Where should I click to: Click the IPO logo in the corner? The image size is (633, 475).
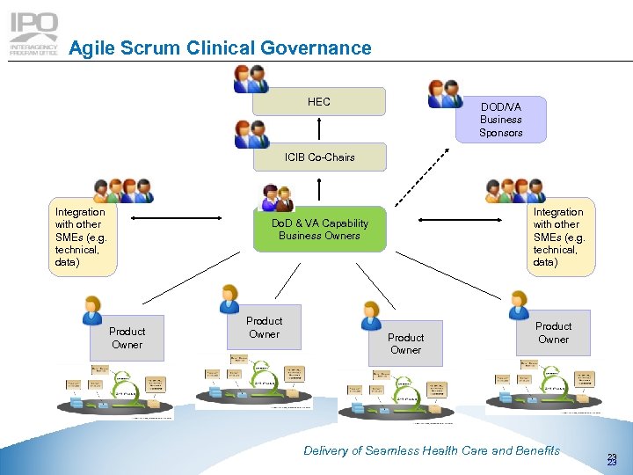click(33, 33)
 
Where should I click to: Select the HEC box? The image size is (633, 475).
click(319, 102)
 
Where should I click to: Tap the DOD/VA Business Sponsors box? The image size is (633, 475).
click(500, 120)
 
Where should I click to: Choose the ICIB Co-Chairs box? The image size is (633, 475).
click(319, 157)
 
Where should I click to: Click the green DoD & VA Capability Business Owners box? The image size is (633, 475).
click(319, 230)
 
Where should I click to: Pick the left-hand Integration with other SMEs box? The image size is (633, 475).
click(81, 238)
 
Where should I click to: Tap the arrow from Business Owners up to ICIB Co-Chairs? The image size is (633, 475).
click(320, 189)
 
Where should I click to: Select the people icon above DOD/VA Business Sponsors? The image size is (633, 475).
click(445, 93)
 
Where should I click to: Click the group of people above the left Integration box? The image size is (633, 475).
click(122, 191)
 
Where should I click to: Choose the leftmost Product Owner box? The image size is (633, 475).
click(127, 338)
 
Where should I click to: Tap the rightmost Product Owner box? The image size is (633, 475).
click(553, 332)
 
